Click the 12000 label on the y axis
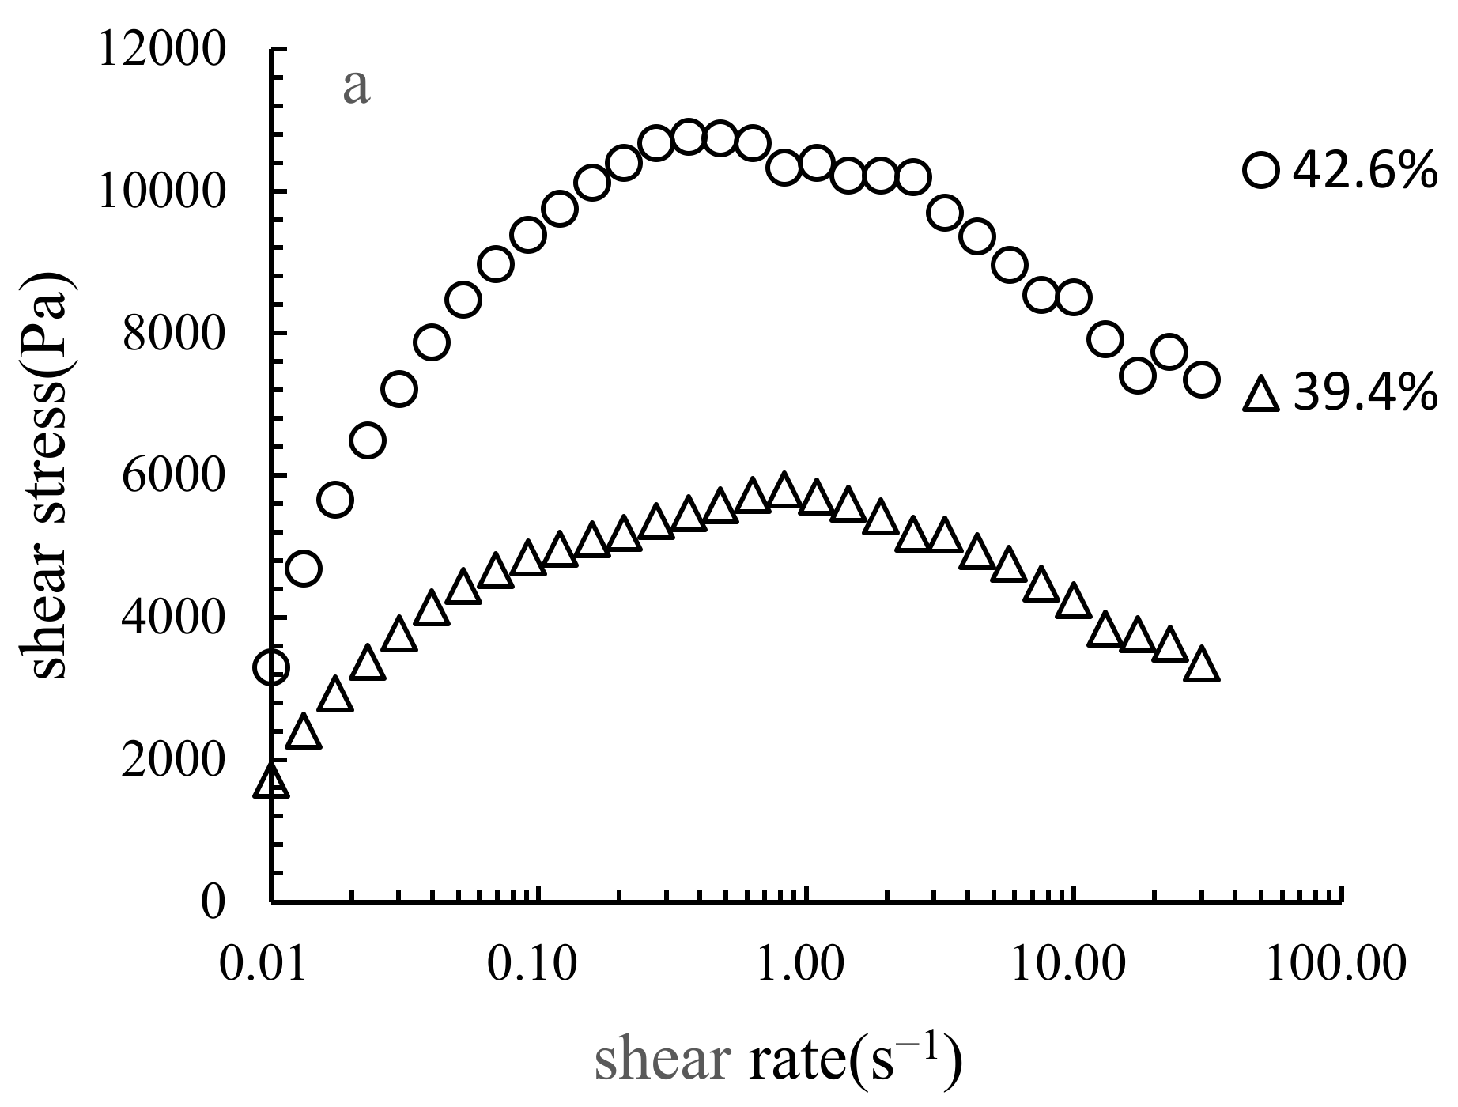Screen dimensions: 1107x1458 click(x=160, y=51)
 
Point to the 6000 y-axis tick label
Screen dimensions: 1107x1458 click(x=173, y=476)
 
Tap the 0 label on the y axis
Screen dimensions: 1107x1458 click(x=212, y=901)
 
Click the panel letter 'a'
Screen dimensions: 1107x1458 click(x=356, y=88)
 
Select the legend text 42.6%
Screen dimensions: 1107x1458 click(x=1364, y=170)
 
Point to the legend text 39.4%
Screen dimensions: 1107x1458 click(x=1364, y=394)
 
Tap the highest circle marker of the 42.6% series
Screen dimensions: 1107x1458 click(x=689, y=138)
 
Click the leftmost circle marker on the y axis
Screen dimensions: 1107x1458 click(x=272, y=667)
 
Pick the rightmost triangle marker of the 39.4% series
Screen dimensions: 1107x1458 click(x=1202, y=665)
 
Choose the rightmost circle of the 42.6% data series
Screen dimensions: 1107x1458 click(x=1202, y=380)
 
